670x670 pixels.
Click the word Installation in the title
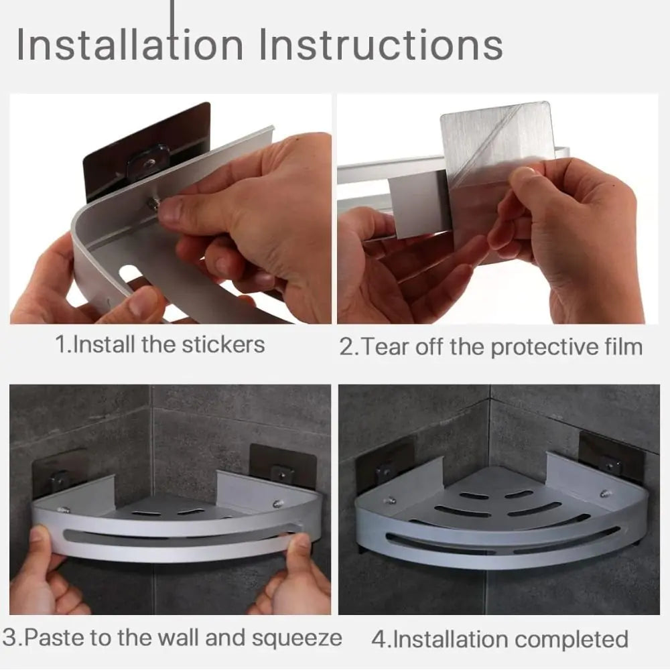tap(130, 45)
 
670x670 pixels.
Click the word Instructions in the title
tap(381, 45)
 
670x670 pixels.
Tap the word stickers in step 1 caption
tap(223, 345)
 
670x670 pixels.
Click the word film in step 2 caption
tap(623, 346)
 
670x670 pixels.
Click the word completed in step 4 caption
tap(572, 640)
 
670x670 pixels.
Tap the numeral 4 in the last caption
tap(379, 640)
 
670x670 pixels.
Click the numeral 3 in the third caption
tap(9, 638)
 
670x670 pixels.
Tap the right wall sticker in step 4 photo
tap(612, 462)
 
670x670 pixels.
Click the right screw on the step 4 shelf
tap(604, 494)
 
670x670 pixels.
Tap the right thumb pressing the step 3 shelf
tap(299, 551)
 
